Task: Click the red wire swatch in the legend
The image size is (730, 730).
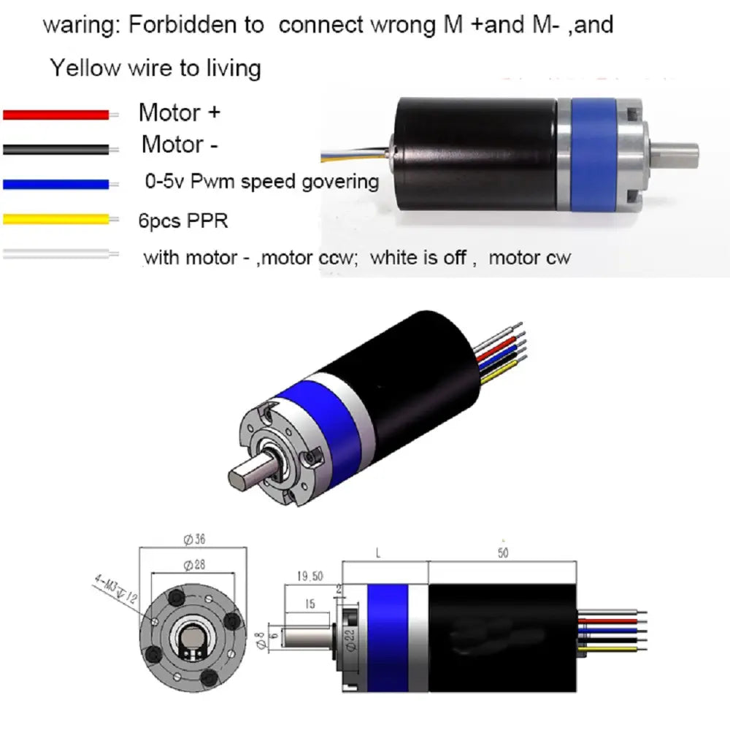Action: coord(56,115)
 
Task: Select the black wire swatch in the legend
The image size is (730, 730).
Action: coord(56,150)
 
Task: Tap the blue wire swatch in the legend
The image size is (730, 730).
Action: coord(56,185)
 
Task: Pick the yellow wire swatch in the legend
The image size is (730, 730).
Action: coord(56,219)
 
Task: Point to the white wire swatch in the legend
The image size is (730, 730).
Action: coord(56,254)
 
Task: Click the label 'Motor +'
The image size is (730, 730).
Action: coord(180,112)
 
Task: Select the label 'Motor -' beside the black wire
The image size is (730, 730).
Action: coord(180,145)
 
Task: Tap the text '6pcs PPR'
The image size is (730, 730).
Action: coord(183,220)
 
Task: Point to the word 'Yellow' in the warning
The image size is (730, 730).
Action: coord(85,68)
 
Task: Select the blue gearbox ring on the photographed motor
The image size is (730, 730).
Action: coord(593,154)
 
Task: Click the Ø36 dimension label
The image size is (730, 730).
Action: coord(194,539)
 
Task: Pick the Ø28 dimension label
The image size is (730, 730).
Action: coord(194,565)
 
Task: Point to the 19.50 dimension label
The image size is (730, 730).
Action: coord(310,577)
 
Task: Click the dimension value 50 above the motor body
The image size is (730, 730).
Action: coord(503,553)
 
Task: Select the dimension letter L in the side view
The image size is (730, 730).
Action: coord(378,553)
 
